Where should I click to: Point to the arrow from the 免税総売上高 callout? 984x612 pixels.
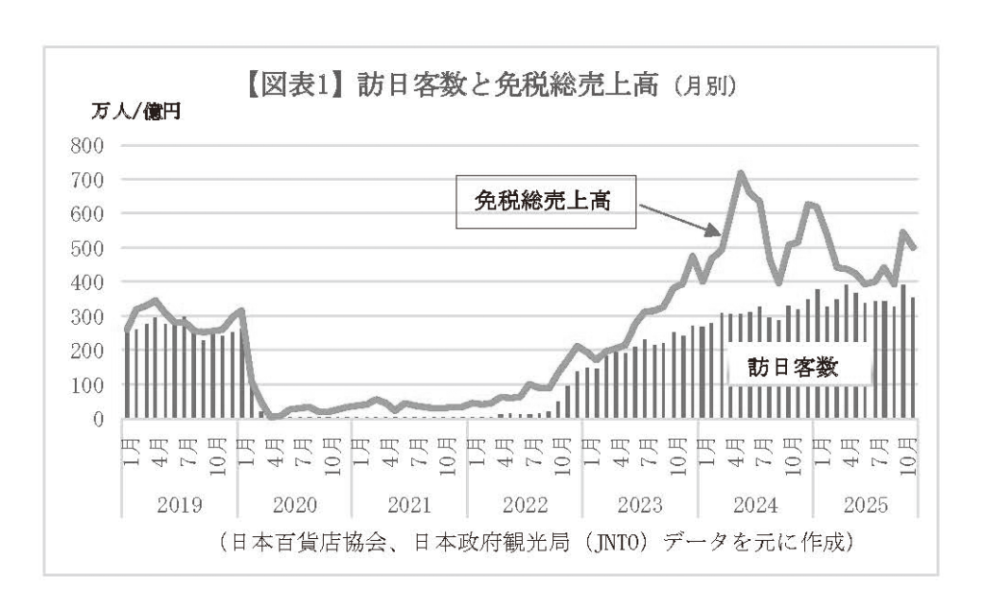[x=678, y=217]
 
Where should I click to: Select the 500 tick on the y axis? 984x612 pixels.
[x=86, y=248]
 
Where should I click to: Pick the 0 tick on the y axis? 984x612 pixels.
[x=96, y=419]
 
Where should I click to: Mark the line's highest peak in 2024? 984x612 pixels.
[x=740, y=174]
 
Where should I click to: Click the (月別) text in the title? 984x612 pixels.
[x=704, y=88]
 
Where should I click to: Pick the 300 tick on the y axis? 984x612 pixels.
[x=86, y=316]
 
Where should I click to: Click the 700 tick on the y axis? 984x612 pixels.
[x=86, y=180]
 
